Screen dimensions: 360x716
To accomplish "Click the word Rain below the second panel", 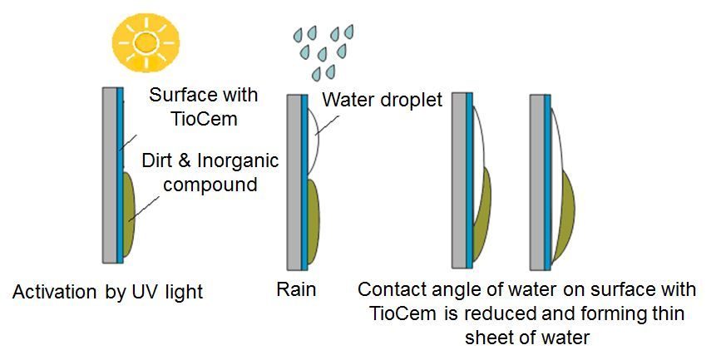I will pos(296,290).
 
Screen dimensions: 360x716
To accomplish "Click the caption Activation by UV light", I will pos(107,292).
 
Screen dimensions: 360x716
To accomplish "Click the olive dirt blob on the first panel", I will pos(130,213).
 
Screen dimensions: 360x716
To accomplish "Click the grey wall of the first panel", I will pos(108,175).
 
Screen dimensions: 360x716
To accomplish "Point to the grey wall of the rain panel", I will pos(294,183).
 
